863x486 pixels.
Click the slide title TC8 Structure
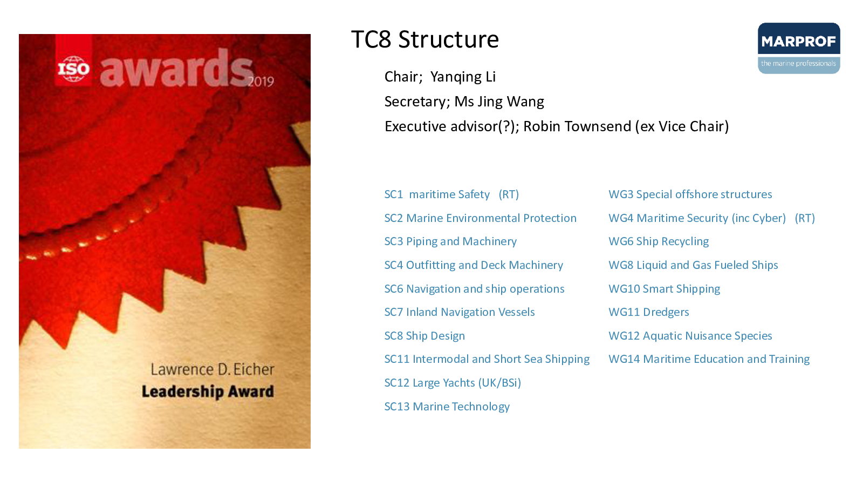(x=425, y=39)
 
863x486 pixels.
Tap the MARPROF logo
(x=799, y=48)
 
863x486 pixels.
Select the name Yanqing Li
(x=463, y=77)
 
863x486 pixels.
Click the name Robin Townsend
(x=577, y=126)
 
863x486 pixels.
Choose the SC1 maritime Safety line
(x=451, y=194)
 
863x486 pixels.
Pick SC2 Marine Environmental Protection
(x=480, y=218)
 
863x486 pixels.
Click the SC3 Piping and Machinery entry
(x=450, y=241)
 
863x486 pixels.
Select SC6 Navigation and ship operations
(x=474, y=289)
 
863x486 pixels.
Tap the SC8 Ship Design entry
(x=424, y=336)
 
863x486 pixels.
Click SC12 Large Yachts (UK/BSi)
(x=453, y=383)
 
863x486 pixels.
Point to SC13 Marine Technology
(x=447, y=407)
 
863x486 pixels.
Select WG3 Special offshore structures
(x=690, y=194)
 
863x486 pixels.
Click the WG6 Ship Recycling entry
(x=659, y=241)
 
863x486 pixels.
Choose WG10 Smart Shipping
(x=664, y=289)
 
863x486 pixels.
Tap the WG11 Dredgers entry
(x=648, y=312)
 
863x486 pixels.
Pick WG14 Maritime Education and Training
(x=709, y=360)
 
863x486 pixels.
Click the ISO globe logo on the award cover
(x=73, y=69)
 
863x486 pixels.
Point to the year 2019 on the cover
(x=261, y=82)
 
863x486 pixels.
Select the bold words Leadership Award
(x=208, y=392)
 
